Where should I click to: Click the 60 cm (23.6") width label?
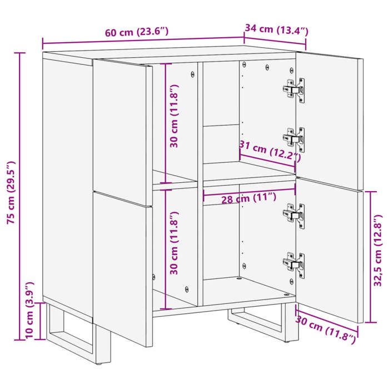pos(137,32)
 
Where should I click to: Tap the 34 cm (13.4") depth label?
pos(276,29)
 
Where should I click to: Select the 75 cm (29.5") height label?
pos(11,192)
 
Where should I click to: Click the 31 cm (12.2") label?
pos(269,151)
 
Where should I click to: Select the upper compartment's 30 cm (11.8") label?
pos(174,116)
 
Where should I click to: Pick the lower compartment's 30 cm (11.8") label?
pos(174,243)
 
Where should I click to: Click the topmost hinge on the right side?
pos(295,89)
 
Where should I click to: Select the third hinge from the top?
pos(295,213)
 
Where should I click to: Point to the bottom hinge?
pos(295,261)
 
